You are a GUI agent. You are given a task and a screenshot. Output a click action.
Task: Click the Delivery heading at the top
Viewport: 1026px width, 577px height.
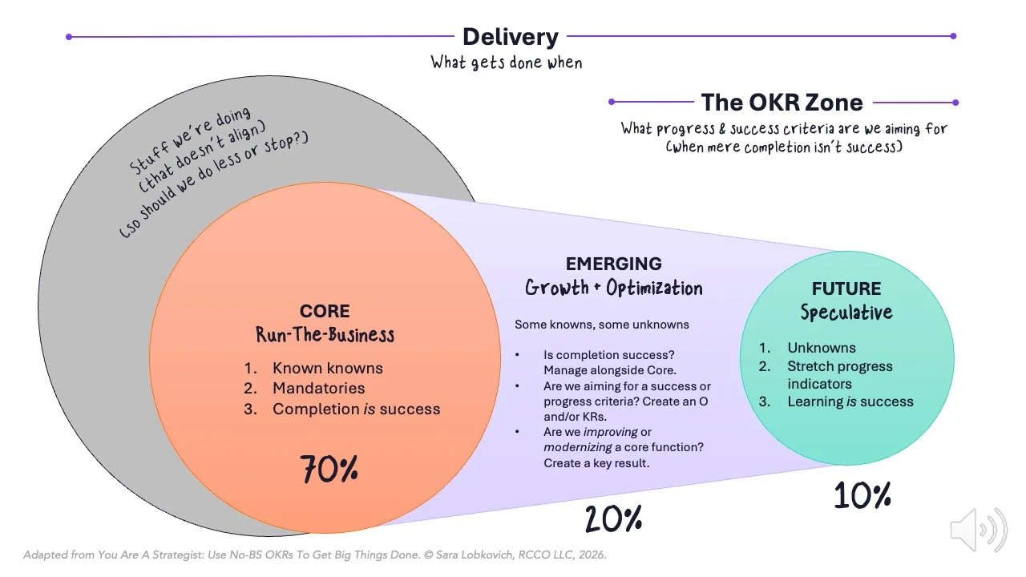click(511, 37)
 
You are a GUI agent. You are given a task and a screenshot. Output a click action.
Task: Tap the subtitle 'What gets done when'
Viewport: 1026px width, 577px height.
click(507, 63)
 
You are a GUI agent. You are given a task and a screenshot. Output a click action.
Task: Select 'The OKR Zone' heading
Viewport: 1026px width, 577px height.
click(782, 103)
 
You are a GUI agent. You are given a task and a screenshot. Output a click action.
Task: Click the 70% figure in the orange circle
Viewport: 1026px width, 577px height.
click(329, 470)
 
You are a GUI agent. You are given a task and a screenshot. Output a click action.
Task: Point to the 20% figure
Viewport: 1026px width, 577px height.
click(613, 519)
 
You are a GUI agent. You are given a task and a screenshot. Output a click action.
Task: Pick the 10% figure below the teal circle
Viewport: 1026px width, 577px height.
click(862, 496)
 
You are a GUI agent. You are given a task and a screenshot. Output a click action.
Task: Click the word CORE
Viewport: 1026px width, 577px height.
click(325, 311)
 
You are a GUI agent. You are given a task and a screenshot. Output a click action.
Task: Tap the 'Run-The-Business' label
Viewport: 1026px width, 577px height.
click(325, 334)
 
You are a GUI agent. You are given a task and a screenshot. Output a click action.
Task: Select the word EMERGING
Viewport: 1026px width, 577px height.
click(613, 264)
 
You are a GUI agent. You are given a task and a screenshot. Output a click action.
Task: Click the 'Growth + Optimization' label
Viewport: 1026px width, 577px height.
click(613, 288)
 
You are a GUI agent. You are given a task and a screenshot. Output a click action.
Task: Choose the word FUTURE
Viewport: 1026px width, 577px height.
click(846, 288)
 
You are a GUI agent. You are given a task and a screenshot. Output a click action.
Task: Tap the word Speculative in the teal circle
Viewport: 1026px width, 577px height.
click(846, 313)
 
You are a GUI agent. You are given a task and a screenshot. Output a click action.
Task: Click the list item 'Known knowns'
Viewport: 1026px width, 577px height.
click(327, 369)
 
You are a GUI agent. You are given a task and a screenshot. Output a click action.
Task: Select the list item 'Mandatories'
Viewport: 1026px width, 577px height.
click(318, 389)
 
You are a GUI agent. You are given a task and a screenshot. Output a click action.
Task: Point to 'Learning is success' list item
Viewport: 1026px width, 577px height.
click(850, 402)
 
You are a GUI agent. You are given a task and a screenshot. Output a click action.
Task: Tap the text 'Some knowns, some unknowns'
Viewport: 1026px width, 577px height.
click(601, 325)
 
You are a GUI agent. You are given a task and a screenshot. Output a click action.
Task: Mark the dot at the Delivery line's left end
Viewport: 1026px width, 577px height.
click(69, 36)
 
